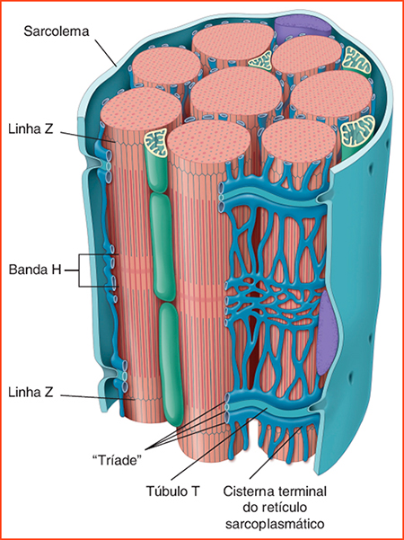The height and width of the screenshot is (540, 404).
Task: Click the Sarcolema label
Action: point(56,31)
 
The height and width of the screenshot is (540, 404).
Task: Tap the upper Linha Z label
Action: point(31,130)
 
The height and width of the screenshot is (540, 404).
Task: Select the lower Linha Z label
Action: point(31,393)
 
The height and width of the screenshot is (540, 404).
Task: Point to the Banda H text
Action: point(35,270)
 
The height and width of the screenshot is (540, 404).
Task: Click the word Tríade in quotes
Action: point(118,461)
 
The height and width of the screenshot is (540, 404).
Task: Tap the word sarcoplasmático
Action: point(275,525)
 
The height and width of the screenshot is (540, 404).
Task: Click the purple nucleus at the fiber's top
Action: point(303,27)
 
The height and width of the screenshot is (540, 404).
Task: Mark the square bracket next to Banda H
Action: point(79,270)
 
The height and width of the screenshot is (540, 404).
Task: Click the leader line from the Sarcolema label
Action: point(106,52)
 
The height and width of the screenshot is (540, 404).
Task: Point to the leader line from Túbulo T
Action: point(219,444)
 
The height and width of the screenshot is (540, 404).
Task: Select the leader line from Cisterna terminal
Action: point(276,453)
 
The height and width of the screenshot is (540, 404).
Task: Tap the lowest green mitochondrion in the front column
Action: point(171,363)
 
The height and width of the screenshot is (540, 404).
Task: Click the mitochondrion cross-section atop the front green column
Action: point(154,142)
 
